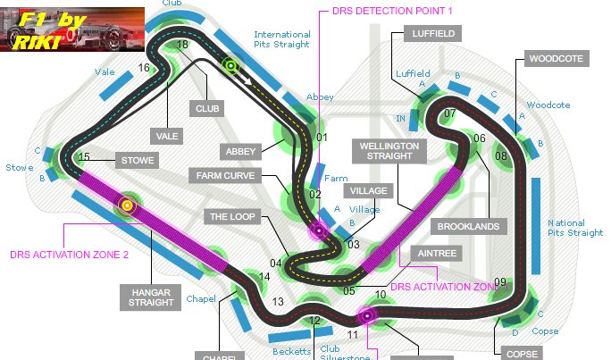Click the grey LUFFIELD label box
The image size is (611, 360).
[x=433, y=34]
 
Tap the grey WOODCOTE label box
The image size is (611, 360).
[x=557, y=59]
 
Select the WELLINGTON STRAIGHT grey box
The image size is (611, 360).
[x=387, y=150]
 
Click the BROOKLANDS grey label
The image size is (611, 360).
[x=468, y=227]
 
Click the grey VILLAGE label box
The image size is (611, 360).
[x=368, y=191]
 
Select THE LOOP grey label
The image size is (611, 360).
[x=231, y=216]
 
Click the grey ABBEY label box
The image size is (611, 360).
[x=240, y=152]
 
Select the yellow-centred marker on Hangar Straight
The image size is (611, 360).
[x=127, y=205]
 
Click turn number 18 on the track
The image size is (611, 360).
[x=182, y=45]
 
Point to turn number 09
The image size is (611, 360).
[x=500, y=283]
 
